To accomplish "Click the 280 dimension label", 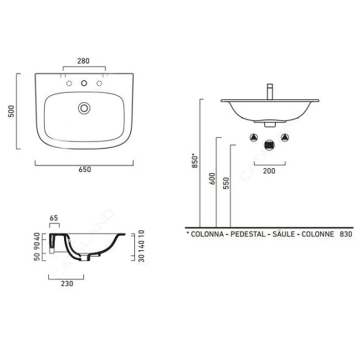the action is point(83,61).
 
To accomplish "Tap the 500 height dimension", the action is point(11,112).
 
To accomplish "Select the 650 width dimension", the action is point(85,169).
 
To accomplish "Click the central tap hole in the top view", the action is point(84,83).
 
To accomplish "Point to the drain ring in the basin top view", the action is point(84,108).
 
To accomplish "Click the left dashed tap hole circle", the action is point(69,83).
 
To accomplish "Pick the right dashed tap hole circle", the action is point(99,83).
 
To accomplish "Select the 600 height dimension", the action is point(212,178).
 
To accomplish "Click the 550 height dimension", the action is point(226,183).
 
